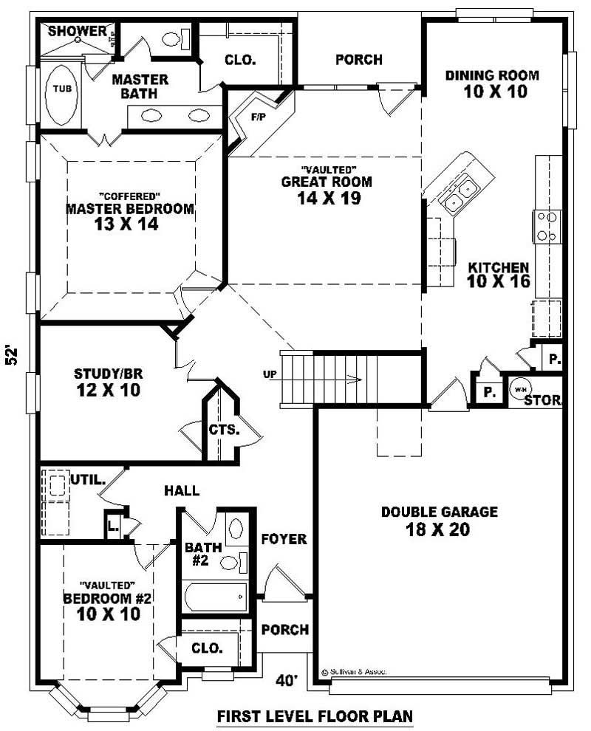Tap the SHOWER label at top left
[x=78, y=31]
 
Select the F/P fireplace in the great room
[x=257, y=117]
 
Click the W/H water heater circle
[x=520, y=390]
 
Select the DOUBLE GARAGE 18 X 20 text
[x=440, y=521]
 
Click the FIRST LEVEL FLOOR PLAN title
[x=314, y=716]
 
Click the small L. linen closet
[x=113, y=526]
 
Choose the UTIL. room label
[x=89, y=480]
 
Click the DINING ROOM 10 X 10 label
[x=492, y=83]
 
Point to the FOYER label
[x=284, y=540]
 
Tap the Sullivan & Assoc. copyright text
[x=355, y=673]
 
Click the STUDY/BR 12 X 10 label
[x=107, y=382]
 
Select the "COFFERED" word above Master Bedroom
[x=129, y=196]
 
